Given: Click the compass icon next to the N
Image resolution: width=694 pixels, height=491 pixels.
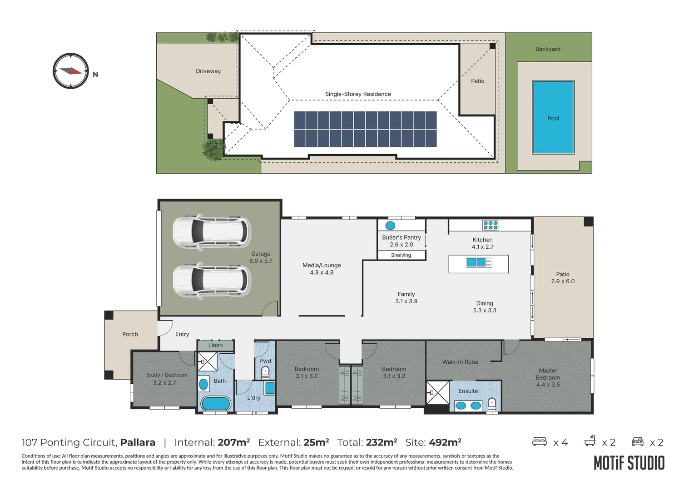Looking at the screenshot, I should coord(71,71).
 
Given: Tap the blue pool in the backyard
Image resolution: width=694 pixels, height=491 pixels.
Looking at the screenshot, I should coord(553,118).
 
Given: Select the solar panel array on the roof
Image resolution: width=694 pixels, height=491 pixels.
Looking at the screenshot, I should coord(365,129).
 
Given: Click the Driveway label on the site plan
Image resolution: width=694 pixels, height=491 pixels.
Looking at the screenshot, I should coord(208,71).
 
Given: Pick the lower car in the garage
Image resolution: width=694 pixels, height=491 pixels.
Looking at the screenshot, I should coord(211,280).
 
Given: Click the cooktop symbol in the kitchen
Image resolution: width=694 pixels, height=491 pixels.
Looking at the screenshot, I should coord(490,225).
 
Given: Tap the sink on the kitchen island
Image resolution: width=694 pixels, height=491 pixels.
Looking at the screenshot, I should coord(475,262).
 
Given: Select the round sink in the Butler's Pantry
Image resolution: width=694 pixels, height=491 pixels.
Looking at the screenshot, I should coord(390,225).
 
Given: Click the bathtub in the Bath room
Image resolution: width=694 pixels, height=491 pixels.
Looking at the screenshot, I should coord(215,403).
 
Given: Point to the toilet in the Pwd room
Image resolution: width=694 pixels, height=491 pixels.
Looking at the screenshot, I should coord(265,373).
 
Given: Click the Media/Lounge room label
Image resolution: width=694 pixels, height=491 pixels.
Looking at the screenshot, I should coord(322,265).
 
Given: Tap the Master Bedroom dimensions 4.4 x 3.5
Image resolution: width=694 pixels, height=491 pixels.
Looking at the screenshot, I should coord(548,385).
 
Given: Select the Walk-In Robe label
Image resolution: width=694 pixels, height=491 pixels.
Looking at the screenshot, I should coord(460,362).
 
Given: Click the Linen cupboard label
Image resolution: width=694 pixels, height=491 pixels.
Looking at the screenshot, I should coord(215,346).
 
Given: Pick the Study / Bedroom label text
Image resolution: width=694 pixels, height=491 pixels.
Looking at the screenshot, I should coord(167,375).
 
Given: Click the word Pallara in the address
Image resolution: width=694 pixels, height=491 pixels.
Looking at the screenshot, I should coord(138,442).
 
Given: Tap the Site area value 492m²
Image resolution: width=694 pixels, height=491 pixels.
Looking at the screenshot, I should coord(445,442).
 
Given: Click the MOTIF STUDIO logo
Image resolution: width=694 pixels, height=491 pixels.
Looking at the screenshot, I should coord(629,463).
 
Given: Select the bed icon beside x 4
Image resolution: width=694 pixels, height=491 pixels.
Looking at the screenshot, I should coord(539,441).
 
